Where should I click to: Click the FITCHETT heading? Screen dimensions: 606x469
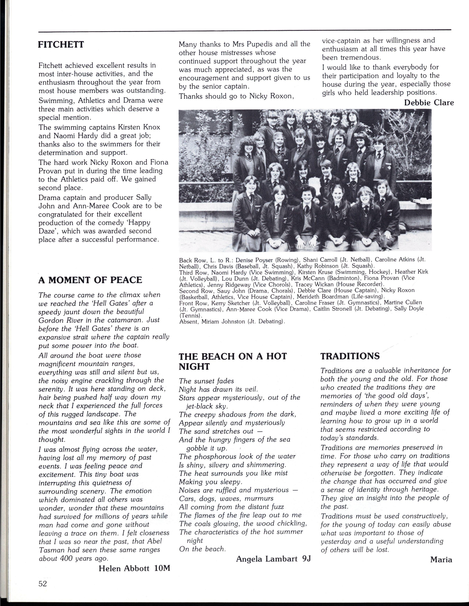click(61, 44)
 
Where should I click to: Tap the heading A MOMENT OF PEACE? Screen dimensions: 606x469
click(90, 280)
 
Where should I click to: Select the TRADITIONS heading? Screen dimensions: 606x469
click(350, 356)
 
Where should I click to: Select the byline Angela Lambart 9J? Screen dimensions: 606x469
click(273, 559)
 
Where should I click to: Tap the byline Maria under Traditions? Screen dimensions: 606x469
click(441, 560)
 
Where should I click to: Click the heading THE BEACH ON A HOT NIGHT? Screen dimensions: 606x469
click(233, 361)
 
